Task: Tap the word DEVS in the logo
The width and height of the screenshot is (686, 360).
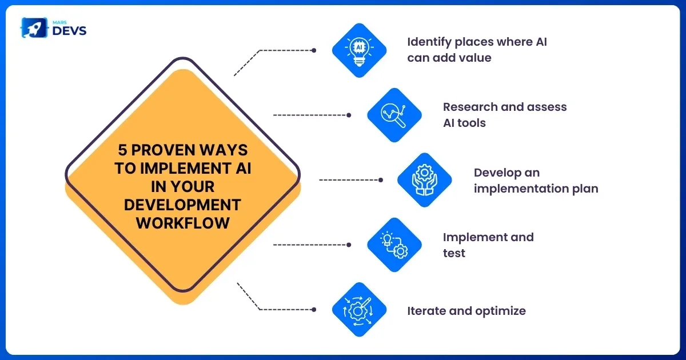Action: (69, 30)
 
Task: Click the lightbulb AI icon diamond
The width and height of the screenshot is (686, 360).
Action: (360, 50)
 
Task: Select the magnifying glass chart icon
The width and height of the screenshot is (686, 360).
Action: (394, 115)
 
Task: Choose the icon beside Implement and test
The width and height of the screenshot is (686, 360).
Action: (394, 245)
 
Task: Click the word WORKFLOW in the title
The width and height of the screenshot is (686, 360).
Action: (182, 222)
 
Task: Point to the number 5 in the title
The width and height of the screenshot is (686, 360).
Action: (122, 150)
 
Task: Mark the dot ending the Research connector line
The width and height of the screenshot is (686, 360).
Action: (349, 115)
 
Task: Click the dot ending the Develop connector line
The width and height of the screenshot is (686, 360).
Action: (381, 180)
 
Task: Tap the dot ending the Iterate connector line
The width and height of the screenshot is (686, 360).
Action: (314, 309)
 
